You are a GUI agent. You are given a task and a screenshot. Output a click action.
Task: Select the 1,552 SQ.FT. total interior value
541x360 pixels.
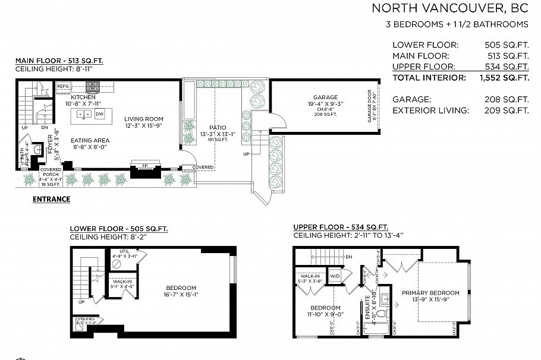(504, 77)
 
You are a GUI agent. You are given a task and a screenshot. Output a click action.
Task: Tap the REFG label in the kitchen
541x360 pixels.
(63, 86)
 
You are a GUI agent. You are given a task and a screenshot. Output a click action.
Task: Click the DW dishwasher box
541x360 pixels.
(100, 113)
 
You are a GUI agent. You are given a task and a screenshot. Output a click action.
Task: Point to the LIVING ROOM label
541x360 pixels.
(144, 118)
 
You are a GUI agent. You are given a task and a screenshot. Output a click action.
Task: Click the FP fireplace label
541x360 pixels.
(144, 166)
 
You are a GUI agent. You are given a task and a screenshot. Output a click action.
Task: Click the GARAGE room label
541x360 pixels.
(325, 97)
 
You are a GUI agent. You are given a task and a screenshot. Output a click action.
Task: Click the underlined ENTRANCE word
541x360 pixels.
(51, 200)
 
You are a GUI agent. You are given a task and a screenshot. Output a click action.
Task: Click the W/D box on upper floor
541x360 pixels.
(335, 276)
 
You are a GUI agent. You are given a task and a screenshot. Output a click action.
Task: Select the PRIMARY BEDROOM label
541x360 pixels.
(430, 293)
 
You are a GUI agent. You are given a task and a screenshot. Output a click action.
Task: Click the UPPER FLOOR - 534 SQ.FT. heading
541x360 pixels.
(340, 227)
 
